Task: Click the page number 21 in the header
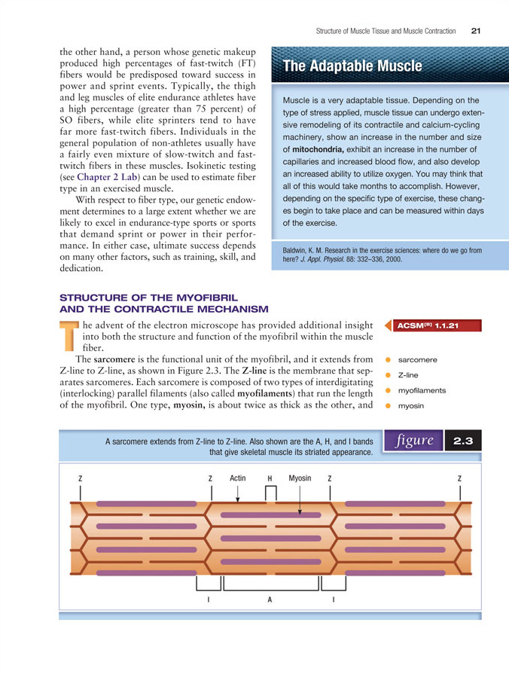tap(475, 31)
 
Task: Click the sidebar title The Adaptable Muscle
tap(352, 67)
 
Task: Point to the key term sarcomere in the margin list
tap(417, 359)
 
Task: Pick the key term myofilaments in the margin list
tap(422, 390)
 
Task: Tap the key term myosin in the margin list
tap(410, 406)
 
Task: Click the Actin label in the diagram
tap(237, 478)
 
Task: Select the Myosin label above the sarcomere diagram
tap(300, 478)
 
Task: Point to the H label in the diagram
tap(269, 478)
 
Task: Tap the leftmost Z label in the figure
tap(80, 478)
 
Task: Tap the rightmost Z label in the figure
tap(459, 478)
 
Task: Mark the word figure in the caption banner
tap(412, 441)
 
